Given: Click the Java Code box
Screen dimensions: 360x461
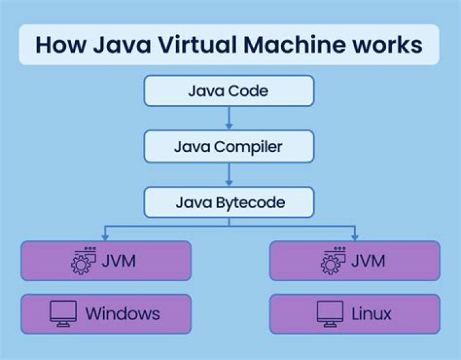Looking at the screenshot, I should pos(229,90).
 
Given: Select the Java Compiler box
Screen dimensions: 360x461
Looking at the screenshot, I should pos(229,147).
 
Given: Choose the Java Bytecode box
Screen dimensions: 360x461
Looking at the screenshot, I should pos(229,203).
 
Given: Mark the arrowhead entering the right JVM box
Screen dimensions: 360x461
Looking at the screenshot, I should pos(354,236).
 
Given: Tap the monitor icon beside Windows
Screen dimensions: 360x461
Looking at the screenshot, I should pos(63,314).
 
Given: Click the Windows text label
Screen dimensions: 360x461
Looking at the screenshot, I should pos(123,314).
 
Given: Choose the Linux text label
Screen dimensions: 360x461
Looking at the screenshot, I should pos(371,314).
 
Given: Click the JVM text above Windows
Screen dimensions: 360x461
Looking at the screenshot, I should pos(118,261).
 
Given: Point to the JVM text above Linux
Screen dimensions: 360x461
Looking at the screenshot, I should pos(368,261).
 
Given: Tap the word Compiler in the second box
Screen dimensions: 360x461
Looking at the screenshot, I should pos(248,147).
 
